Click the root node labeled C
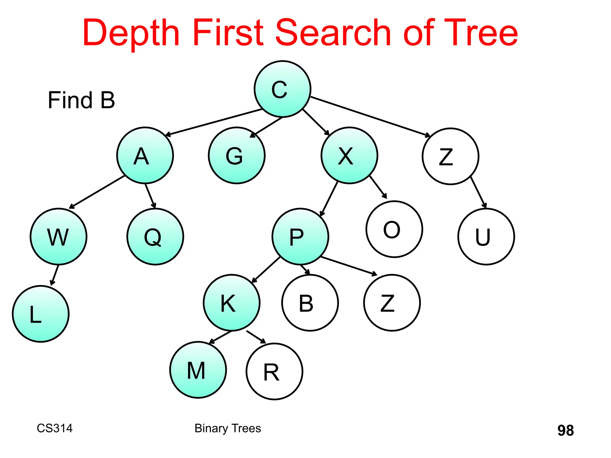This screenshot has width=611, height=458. coord(282,89)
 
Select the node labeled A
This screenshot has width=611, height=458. coord(145,155)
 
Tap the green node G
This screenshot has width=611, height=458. coord(237,155)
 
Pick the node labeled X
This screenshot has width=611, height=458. coord(349,155)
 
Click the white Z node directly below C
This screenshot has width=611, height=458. coord(450,156)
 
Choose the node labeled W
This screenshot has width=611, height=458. coord(58,236)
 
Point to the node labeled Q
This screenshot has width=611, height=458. coord(155,236)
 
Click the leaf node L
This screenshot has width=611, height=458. coord(41,314)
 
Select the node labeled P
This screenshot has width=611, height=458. coord(300,236)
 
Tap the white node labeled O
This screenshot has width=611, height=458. coord(394,229)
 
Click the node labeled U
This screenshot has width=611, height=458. coord(486,236)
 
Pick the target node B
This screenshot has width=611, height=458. coord(310,303)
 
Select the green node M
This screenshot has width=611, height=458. coord(198,370)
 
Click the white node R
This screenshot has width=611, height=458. coord(274,372)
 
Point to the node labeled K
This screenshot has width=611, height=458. coord(232,303)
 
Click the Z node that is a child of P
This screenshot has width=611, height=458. coord(392,303)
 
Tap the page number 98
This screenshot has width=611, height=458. coord(565,430)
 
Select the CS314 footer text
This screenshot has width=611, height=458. coord(55,428)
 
